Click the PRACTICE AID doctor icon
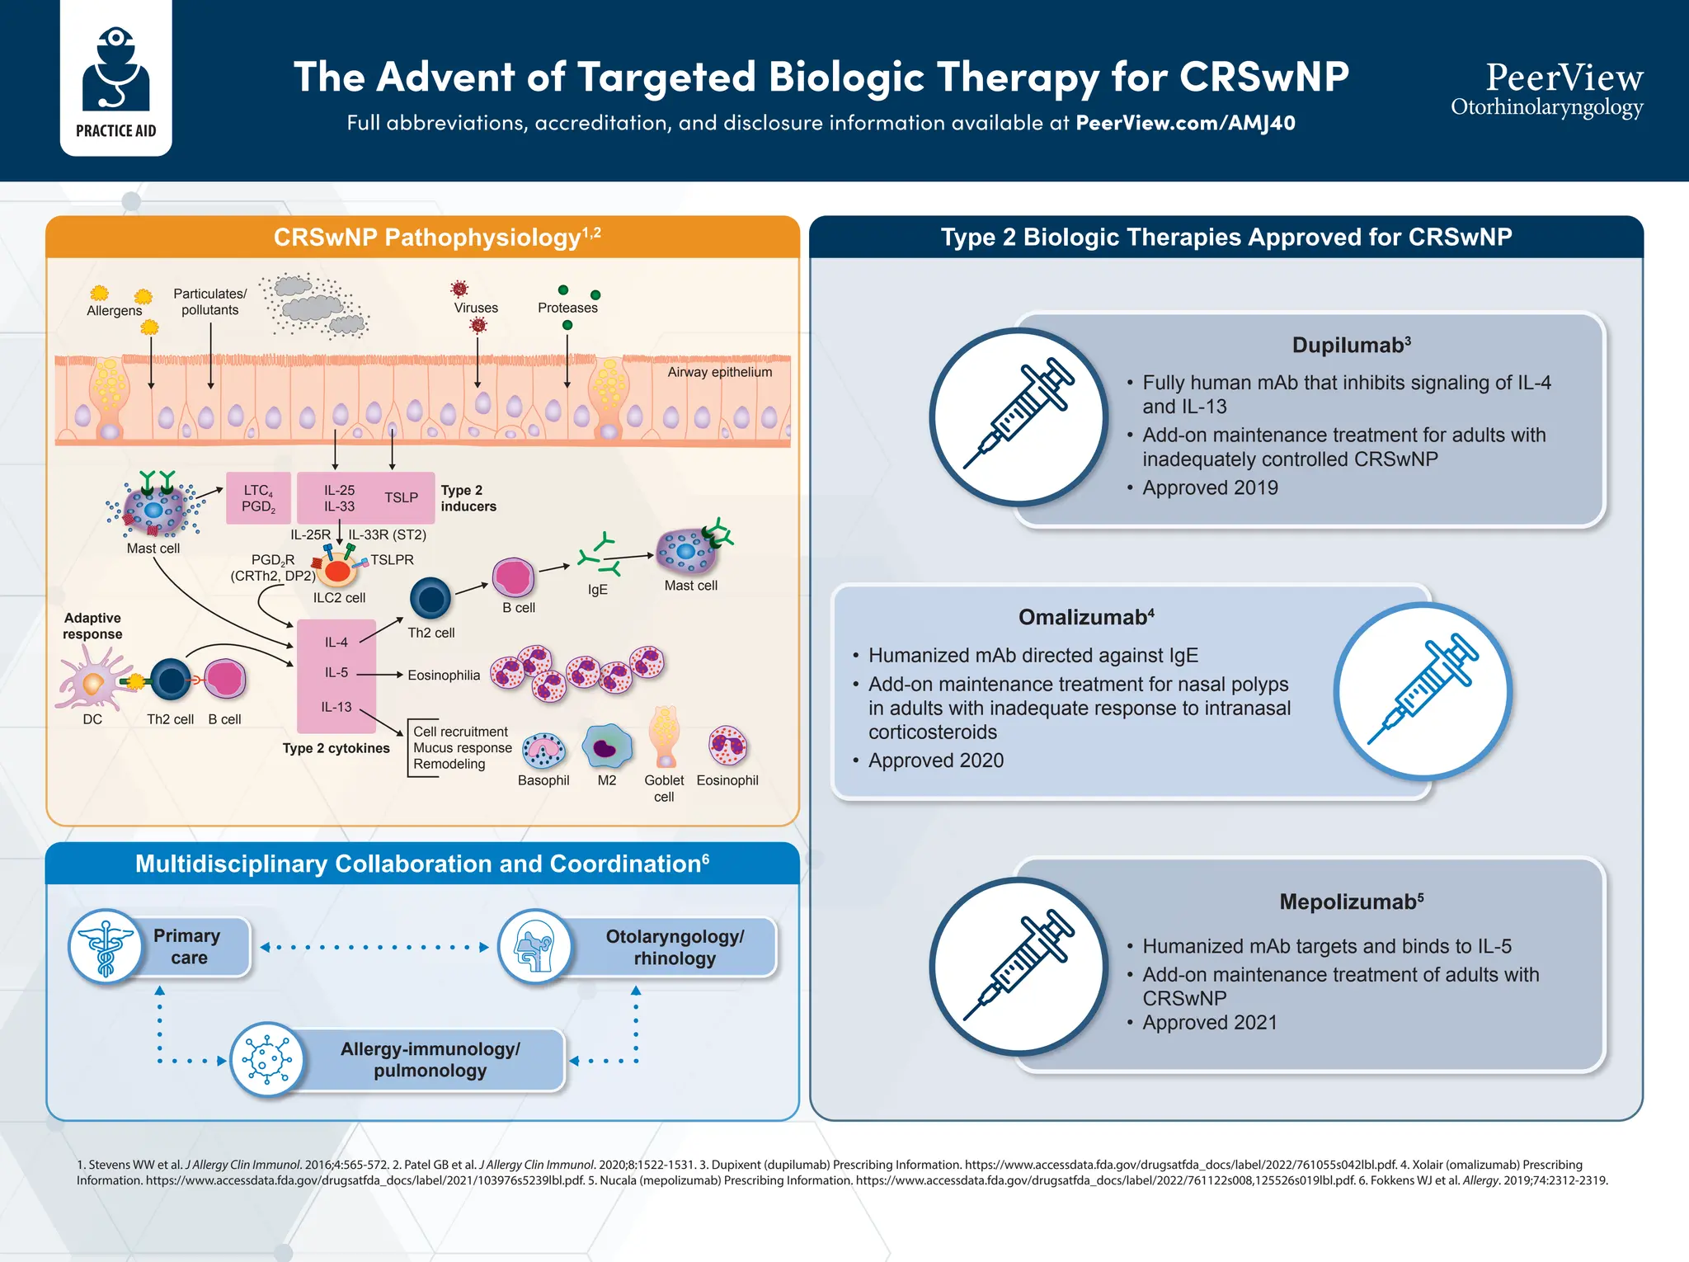(115, 70)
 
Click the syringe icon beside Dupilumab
(1019, 417)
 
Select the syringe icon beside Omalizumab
(1423, 691)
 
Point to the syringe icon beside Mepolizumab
(1019, 966)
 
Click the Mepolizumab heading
(1351, 902)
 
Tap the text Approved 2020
(935, 760)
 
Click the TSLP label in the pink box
(401, 497)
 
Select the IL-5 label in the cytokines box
(336, 673)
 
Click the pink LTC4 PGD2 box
(258, 498)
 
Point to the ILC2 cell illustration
(338, 569)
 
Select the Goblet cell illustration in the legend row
(664, 737)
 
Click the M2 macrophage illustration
(606, 746)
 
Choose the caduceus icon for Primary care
(106, 946)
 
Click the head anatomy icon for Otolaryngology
(535, 947)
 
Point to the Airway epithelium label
(719, 372)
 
